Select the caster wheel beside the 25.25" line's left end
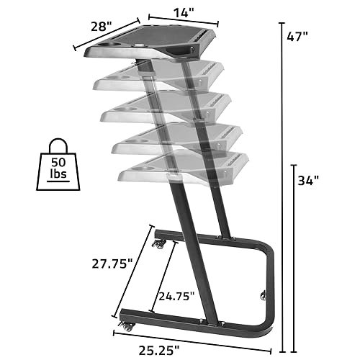pos(127,326)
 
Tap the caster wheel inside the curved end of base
pos(261,295)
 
